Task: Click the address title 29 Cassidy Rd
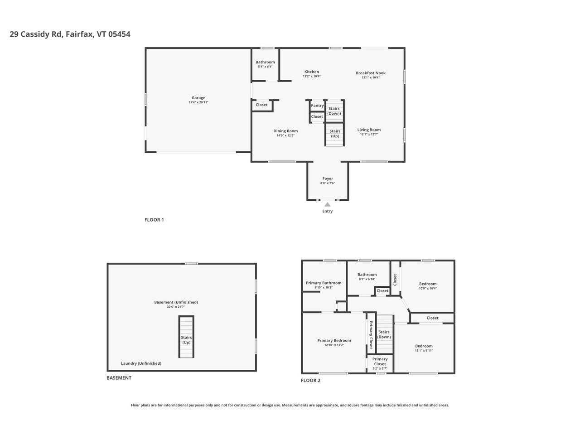(70, 34)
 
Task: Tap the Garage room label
(198, 98)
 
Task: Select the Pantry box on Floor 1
(317, 106)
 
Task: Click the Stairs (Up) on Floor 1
(335, 134)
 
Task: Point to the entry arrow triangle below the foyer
(327, 204)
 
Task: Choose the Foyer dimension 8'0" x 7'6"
(327, 184)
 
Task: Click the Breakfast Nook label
(370, 73)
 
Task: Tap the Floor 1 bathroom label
(265, 62)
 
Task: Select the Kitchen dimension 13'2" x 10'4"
(311, 77)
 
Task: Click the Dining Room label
(285, 131)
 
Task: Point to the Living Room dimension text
(369, 135)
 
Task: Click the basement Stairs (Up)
(186, 340)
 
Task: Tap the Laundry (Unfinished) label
(141, 363)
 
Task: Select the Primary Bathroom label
(324, 283)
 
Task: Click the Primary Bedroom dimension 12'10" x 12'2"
(334, 345)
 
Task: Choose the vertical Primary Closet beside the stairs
(371, 334)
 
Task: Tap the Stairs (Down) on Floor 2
(384, 334)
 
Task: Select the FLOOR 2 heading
(310, 381)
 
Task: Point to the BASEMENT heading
(119, 378)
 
